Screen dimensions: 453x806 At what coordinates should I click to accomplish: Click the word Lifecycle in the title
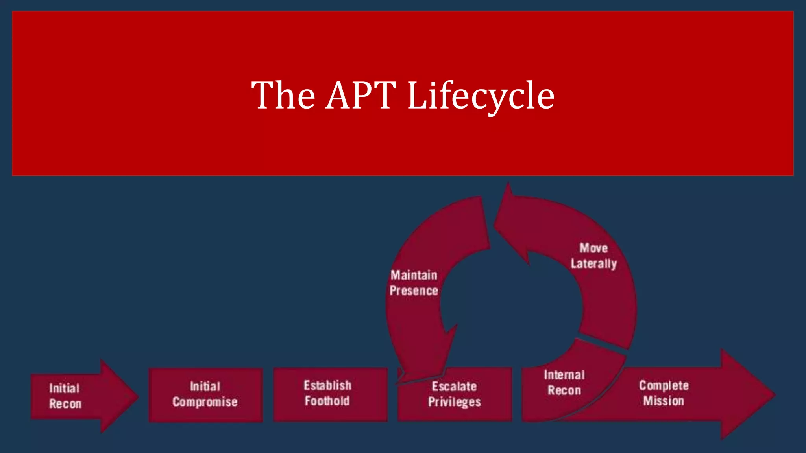click(481, 96)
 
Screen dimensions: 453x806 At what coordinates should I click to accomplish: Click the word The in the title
click(283, 95)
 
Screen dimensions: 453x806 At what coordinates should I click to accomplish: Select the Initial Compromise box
click(205, 394)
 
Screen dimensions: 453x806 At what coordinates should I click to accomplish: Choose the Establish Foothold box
click(330, 394)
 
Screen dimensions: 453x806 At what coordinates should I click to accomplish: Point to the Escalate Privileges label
click(455, 394)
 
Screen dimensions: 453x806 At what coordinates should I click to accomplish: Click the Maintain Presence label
click(414, 283)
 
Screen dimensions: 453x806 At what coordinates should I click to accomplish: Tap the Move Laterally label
click(594, 256)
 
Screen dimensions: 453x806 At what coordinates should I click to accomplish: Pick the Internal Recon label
click(564, 383)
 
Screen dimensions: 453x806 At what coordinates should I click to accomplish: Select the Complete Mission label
click(664, 393)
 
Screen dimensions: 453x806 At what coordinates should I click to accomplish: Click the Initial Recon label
click(65, 396)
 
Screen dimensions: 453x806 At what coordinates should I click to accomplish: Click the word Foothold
click(327, 401)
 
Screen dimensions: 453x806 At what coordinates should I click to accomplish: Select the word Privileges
click(455, 402)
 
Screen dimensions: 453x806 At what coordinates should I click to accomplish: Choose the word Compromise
click(205, 402)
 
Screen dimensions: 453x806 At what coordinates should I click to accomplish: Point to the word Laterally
click(594, 264)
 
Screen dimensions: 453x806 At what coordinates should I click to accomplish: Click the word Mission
click(664, 401)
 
